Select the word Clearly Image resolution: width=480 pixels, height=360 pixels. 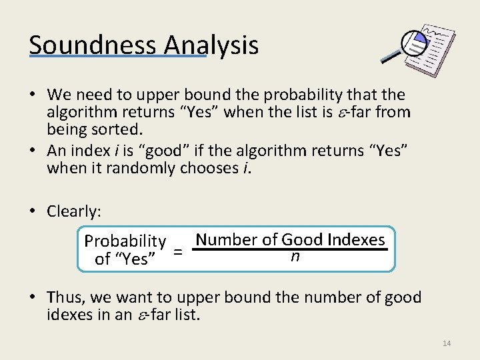(73, 211)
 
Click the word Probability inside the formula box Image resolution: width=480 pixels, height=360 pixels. (125, 241)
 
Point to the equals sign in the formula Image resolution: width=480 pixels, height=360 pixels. (178, 251)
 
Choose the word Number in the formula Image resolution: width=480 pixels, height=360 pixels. (226, 239)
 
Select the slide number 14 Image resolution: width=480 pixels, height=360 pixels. (446, 343)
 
